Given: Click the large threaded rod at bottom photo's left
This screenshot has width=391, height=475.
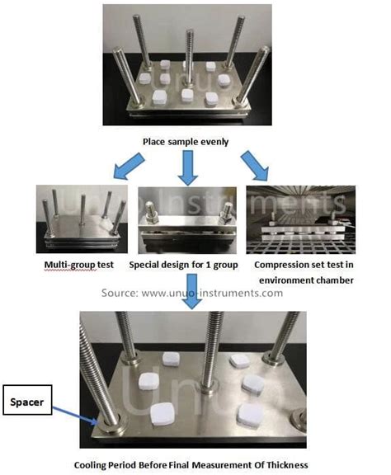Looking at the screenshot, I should coord(93,363).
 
